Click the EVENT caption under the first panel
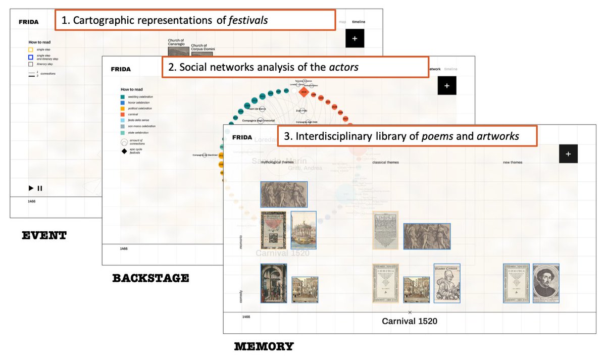tap(44, 235)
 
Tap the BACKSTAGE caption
tap(150, 278)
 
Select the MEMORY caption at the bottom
tap(264, 346)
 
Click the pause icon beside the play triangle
tap(40, 188)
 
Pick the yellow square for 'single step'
tap(31, 49)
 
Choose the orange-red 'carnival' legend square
tap(123, 115)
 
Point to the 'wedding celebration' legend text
tap(140, 96)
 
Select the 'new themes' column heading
tap(513, 162)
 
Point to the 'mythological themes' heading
tap(276, 162)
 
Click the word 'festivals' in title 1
tap(247, 21)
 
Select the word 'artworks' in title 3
tap(498, 136)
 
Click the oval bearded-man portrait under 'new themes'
tap(546, 283)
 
